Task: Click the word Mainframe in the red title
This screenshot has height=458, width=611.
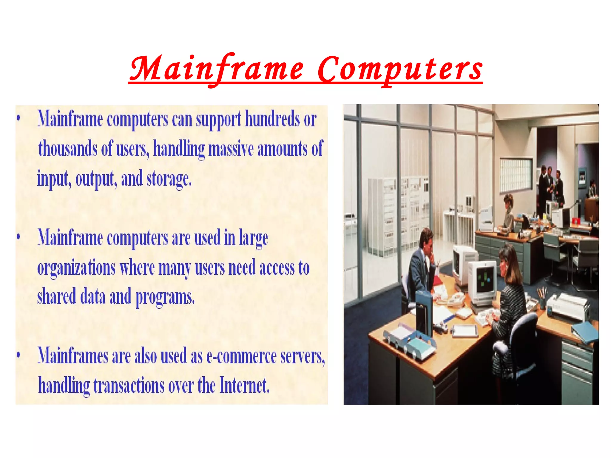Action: point(217,69)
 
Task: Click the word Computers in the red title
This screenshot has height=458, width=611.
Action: point(399,69)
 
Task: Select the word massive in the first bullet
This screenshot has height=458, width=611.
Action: point(231,148)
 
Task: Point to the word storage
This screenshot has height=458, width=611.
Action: point(169,178)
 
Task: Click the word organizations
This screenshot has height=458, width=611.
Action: point(76,267)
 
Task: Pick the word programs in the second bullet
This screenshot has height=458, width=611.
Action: point(165,297)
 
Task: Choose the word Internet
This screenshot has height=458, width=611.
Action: point(244,385)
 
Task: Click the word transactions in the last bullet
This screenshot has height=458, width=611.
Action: point(129,385)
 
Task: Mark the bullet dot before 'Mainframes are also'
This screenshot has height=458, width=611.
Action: point(18,355)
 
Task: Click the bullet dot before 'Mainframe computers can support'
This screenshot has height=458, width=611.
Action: point(18,118)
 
